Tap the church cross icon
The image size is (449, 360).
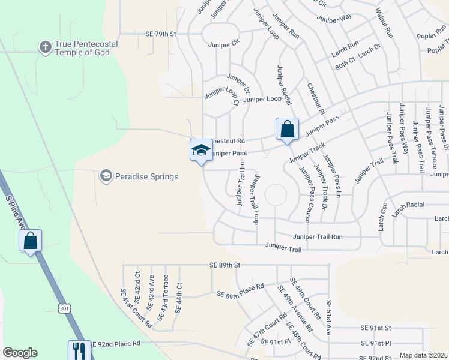(45, 46)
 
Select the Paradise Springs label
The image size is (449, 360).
(146, 176)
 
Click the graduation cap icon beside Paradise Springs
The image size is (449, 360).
(106, 176)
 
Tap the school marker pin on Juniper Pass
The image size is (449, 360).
(201, 151)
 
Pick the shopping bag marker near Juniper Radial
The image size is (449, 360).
(287, 129)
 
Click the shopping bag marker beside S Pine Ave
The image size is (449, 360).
(31, 241)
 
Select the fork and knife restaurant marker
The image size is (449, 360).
(79, 350)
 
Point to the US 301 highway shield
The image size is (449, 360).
(64, 308)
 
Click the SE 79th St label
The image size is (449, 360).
(160, 34)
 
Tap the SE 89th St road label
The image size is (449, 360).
(224, 265)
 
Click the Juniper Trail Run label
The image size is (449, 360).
(318, 237)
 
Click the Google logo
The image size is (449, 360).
(20, 353)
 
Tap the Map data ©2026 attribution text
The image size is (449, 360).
(423, 355)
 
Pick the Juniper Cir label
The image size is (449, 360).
(223, 44)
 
